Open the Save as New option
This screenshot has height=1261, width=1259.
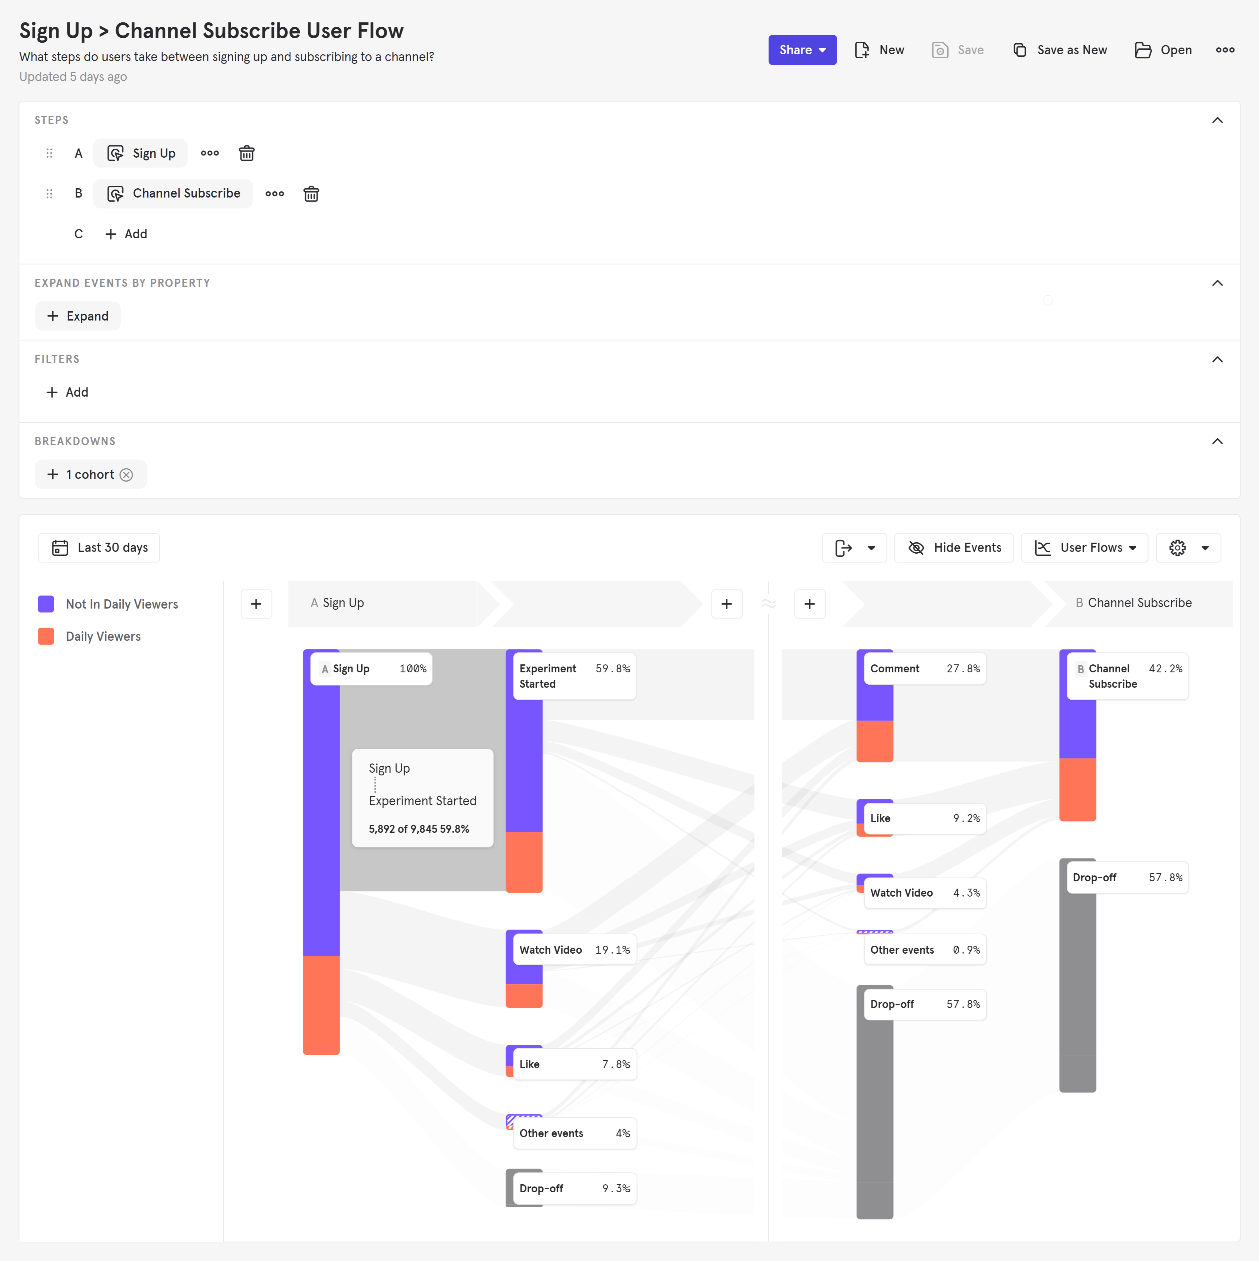tap(1060, 50)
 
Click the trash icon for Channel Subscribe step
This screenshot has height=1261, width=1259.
tap(311, 194)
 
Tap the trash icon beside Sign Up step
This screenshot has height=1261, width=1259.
tap(247, 153)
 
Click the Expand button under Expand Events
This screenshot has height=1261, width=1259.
tap(78, 316)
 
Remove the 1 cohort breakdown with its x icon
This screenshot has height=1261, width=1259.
tap(127, 475)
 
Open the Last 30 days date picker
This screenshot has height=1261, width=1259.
tap(99, 548)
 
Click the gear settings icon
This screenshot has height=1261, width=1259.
tap(1177, 548)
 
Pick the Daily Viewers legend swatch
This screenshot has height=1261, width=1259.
tap(46, 636)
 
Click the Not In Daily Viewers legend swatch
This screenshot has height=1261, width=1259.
tap(46, 604)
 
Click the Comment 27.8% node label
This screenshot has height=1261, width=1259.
tap(924, 668)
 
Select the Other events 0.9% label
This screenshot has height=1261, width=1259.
tap(924, 950)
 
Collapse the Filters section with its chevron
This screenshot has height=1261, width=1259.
tap(1217, 359)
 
